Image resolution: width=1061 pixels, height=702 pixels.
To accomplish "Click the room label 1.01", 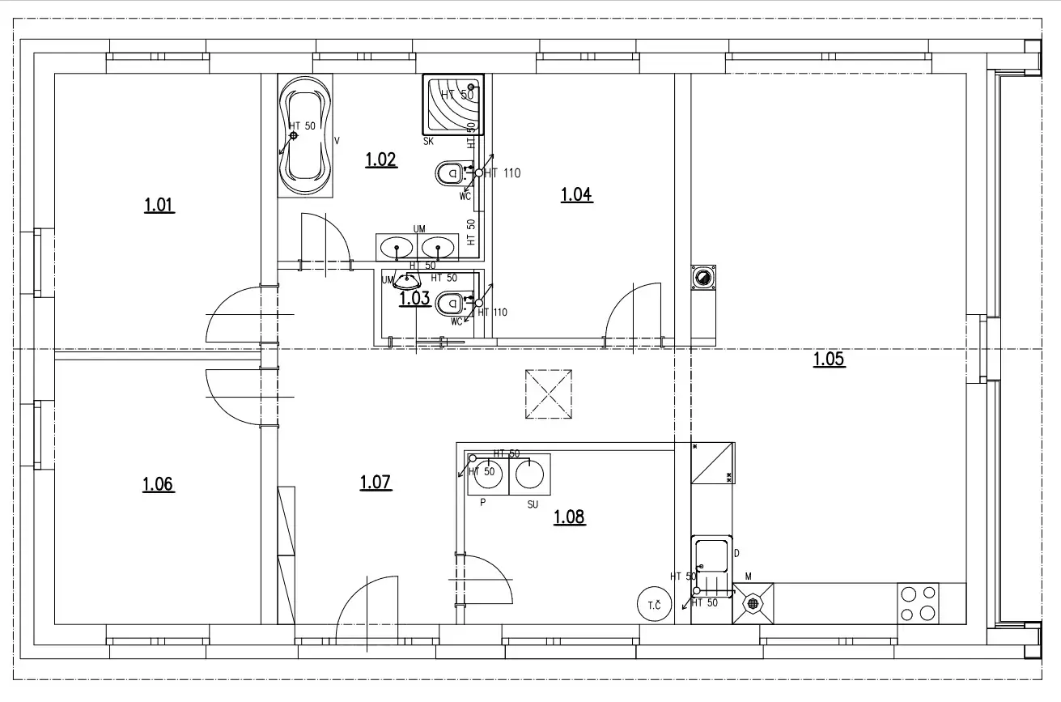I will (159, 205).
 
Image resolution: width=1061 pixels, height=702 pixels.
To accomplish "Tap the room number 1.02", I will (380, 159).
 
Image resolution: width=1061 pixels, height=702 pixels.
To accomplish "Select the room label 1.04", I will (576, 194).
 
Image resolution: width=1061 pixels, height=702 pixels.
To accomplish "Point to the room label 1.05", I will (829, 359).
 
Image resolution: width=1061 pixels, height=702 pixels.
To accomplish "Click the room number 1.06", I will (158, 484).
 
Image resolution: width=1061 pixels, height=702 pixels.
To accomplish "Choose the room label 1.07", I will (376, 483).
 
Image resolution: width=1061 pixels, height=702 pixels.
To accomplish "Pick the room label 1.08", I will (569, 517).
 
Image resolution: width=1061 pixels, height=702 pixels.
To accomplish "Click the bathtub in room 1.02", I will (305, 136).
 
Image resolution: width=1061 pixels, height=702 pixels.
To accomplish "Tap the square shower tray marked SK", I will (453, 105).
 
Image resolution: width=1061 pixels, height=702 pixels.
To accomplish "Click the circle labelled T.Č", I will (654, 605).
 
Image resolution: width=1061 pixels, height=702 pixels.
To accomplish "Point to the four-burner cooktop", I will (918, 603).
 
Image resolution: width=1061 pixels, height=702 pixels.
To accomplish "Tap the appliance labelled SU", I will (530, 474).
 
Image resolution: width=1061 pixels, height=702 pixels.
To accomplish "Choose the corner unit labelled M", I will (753, 603).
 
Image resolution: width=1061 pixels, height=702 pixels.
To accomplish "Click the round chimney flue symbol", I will (702, 279).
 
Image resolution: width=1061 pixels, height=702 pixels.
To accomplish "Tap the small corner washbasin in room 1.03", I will (405, 281).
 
